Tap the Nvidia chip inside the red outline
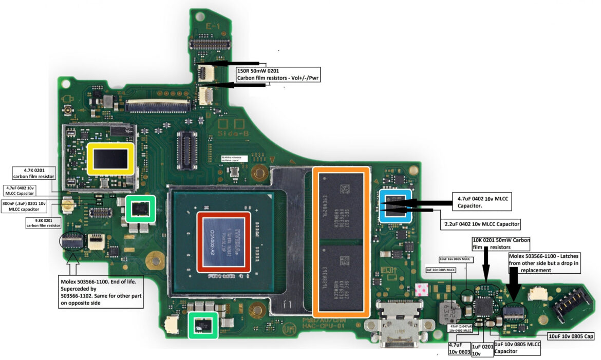pyautogui.click(x=224, y=242)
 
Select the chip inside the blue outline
pyautogui.click(x=395, y=205)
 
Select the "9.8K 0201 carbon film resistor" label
pyautogui.click(x=43, y=223)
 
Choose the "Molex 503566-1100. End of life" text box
pyautogui.click(x=101, y=292)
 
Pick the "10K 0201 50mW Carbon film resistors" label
pyautogui.click(x=501, y=243)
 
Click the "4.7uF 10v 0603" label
pyautogui.click(x=459, y=349)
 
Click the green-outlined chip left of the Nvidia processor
pyautogui.click(x=141, y=209)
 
